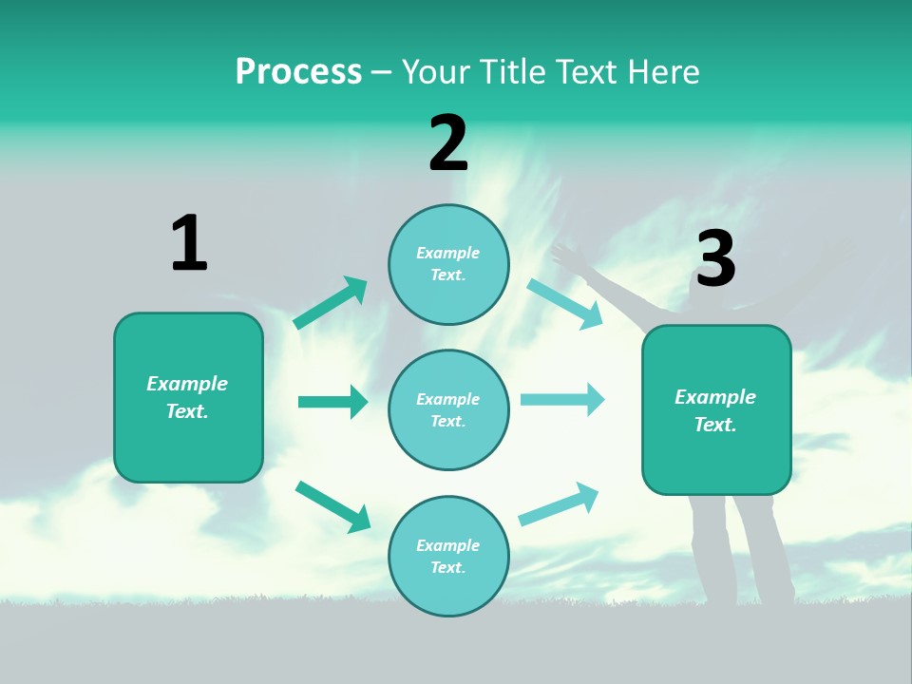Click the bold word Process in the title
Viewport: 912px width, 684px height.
298,72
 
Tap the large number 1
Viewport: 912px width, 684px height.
189,244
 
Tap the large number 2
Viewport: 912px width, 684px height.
448,143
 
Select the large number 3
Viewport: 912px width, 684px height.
715,259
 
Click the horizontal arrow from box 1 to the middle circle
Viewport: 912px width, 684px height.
332,402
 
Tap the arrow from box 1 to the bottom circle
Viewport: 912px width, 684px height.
332,506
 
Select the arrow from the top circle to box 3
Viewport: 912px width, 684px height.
565,304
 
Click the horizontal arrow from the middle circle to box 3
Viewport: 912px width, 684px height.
562,399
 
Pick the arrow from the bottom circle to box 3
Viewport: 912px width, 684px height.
559,504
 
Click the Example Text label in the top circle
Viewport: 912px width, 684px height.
448,264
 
